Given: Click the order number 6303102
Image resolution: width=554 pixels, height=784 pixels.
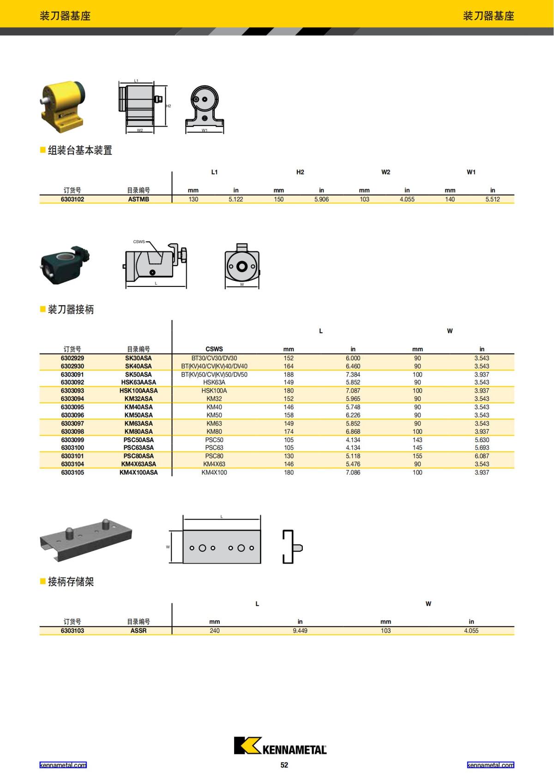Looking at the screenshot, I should point(72,200).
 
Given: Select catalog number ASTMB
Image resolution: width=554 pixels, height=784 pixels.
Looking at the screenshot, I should point(138,200).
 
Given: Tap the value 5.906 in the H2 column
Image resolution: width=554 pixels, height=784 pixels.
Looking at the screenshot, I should point(321,200).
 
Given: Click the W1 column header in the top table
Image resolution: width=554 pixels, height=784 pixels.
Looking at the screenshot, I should point(471,172).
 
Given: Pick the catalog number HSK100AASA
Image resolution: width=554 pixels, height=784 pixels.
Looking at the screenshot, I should point(138,391).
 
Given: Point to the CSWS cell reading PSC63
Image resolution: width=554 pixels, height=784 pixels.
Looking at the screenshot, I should point(214,448).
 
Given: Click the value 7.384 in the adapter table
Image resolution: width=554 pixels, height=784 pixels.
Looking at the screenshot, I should point(353,375).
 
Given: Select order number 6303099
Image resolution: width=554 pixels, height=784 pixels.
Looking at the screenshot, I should point(72,440).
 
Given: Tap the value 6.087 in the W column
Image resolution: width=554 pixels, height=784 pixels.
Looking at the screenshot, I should point(482,456).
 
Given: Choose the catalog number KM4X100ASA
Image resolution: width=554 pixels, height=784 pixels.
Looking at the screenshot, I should point(138,473).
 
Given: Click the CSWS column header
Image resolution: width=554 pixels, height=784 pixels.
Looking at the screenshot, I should point(214,349).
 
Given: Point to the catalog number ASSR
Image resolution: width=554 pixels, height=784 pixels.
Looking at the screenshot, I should point(138,631).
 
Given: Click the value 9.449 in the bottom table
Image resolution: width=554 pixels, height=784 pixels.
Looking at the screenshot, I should point(300,631).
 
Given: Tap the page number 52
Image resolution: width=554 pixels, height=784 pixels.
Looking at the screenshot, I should point(284,765).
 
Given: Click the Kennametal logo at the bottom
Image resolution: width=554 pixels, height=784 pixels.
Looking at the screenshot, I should point(280,746).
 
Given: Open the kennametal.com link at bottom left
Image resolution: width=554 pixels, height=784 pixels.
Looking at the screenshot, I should point(63,765).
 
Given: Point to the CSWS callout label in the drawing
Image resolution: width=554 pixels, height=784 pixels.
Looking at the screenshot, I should point(138,242).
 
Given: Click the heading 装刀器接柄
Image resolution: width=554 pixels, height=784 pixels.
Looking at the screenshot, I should point(71,310).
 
